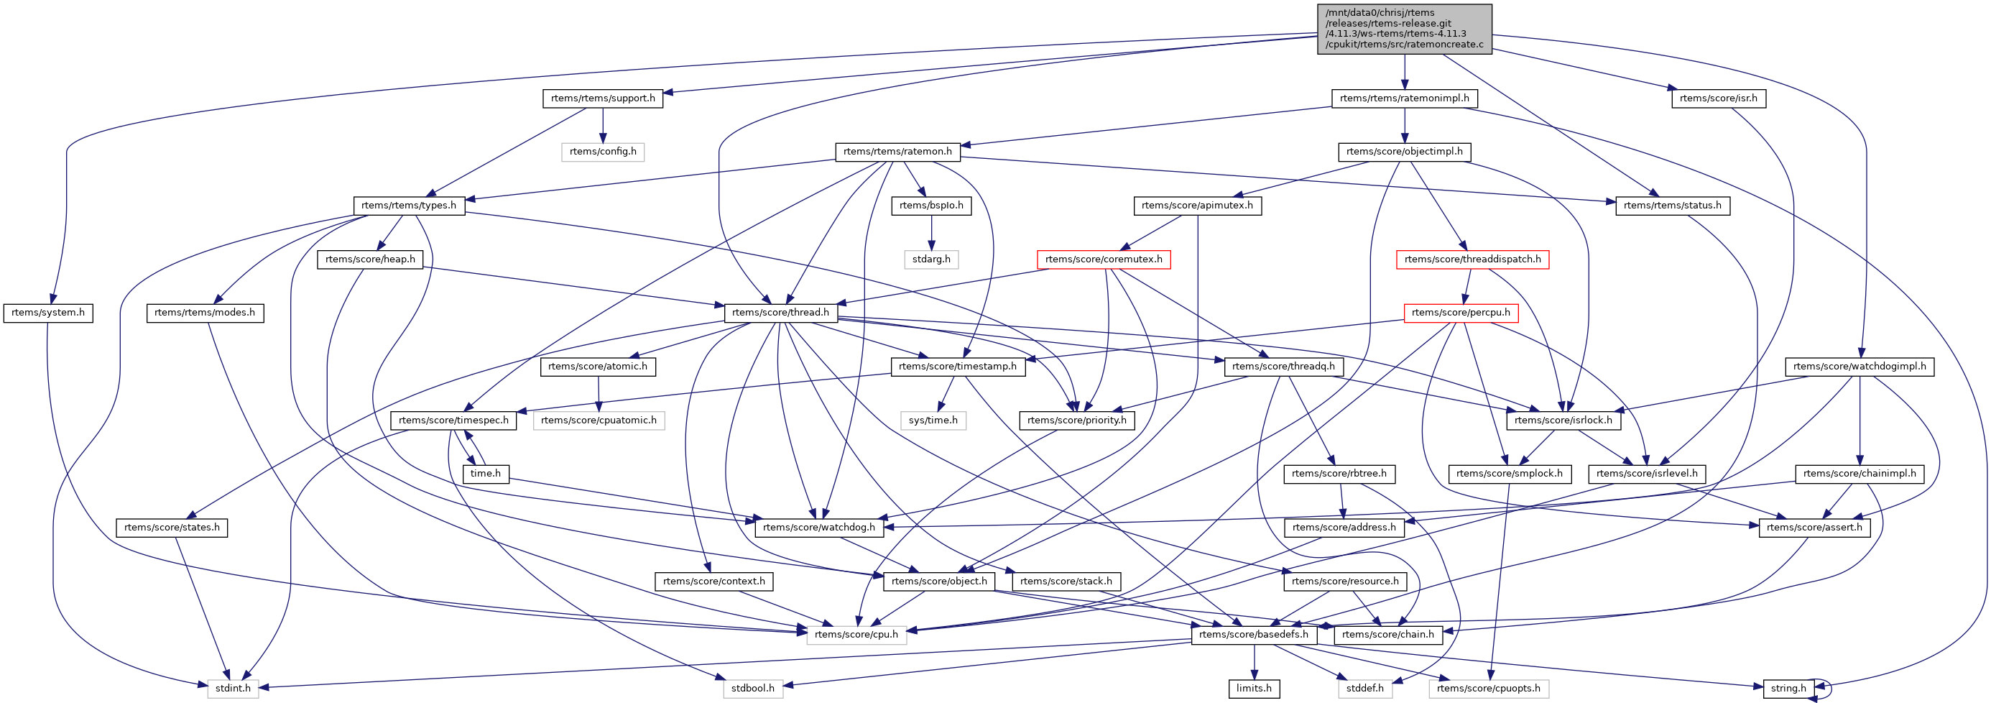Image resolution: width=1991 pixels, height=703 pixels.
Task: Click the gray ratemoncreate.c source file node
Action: [1405, 29]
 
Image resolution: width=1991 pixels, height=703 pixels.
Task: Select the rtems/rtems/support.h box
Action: [603, 98]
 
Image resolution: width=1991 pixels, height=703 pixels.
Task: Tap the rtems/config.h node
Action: [603, 152]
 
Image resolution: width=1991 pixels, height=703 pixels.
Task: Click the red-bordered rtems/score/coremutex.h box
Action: [1103, 259]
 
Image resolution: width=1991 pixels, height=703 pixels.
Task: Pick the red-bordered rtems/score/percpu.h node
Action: [1460, 313]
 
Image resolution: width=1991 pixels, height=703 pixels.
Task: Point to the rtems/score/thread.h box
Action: [780, 313]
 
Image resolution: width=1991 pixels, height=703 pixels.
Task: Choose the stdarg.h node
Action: [931, 259]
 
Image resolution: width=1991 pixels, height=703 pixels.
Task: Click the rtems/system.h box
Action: [48, 313]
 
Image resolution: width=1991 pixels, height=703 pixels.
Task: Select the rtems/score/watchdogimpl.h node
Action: [1860, 367]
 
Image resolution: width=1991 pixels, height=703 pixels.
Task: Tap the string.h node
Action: [1788, 689]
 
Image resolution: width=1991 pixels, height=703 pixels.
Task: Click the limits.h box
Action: [1254, 689]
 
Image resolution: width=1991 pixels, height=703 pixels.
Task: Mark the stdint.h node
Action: [233, 689]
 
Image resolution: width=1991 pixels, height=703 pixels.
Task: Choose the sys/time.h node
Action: [933, 420]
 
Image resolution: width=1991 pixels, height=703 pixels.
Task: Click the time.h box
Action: [486, 473]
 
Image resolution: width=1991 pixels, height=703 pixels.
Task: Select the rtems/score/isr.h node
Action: [1718, 98]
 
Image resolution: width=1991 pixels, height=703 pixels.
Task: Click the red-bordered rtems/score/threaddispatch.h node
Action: [1472, 259]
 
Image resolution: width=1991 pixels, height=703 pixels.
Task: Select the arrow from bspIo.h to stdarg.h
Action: [931, 232]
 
